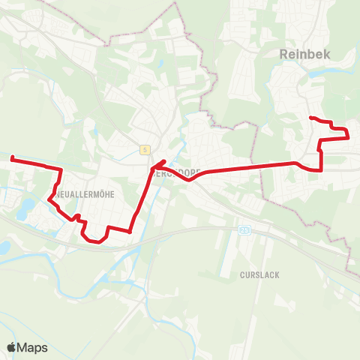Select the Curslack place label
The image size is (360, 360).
tap(260, 275)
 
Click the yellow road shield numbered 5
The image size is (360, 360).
tap(144, 149)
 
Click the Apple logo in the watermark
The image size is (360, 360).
tap(12, 347)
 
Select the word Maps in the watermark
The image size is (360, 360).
tap(32, 347)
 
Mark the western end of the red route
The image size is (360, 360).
tap(12, 157)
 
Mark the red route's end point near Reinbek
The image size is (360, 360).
tap(311, 118)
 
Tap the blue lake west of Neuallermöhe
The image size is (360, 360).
tap(27, 204)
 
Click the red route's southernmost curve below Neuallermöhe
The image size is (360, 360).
tap(94, 241)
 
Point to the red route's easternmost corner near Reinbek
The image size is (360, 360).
tap(349, 137)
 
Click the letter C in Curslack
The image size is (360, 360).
tap(243, 275)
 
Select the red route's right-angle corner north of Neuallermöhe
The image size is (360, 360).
tap(60, 170)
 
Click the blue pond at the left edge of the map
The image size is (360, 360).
tap(4, 247)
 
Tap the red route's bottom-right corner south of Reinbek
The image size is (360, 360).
tap(322, 169)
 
